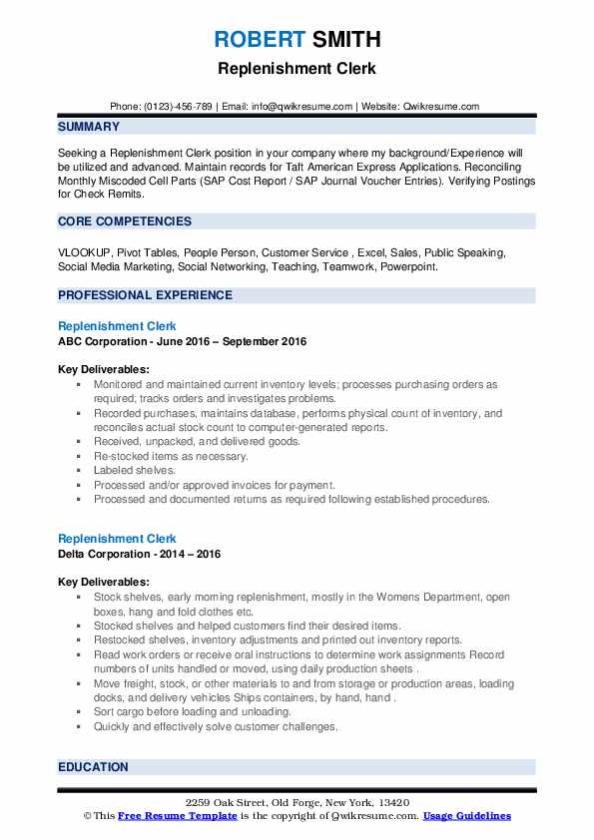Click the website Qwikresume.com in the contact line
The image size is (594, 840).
(x=438, y=106)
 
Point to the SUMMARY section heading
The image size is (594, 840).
(x=89, y=127)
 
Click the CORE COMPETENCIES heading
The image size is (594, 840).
(x=125, y=220)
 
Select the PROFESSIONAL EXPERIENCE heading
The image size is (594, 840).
(x=145, y=295)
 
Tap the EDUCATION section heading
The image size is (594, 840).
(x=93, y=767)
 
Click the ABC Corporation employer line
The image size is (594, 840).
(x=182, y=341)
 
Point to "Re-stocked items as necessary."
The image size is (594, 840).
(x=171, y=456)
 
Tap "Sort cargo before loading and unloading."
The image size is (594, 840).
(x=193, y=712)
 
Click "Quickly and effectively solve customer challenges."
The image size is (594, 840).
(x=216, y=727)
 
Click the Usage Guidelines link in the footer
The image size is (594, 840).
(x=466, y=816)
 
